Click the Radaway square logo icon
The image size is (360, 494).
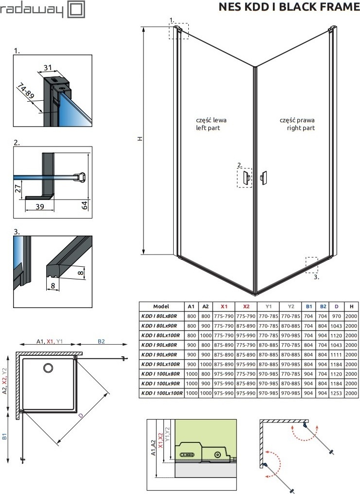tap(76, 9)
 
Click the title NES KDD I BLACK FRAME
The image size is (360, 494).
tap(289, 7)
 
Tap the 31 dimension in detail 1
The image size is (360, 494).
tap(48, 67)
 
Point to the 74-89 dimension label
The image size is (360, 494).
tap(26, 91)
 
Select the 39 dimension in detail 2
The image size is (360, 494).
tap(40, 207)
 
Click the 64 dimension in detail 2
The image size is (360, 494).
tap(85, 206)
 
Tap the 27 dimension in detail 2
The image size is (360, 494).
tap(18, 188)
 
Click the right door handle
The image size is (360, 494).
tap(263, 177)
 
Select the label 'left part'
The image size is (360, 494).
tap(208, 128)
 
